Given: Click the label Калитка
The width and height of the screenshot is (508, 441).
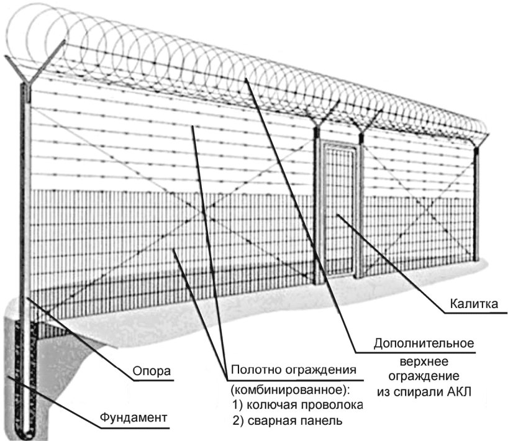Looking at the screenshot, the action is click(x=474, y=304).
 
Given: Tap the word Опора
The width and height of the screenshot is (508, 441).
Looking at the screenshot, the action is click(x=152, y=371).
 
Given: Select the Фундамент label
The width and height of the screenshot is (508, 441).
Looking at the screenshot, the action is click(x=133, y=417).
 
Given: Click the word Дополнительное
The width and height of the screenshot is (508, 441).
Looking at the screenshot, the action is click(x=424, y=343).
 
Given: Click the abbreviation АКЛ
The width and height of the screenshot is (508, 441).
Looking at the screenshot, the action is click(x=460, y=392).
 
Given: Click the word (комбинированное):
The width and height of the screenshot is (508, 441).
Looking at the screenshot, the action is click(x=291, y=389).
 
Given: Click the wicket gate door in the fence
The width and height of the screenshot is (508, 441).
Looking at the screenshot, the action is click(x=339, y=211).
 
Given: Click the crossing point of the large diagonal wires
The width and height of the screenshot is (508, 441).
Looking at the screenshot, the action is click(x=204, y=212).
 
